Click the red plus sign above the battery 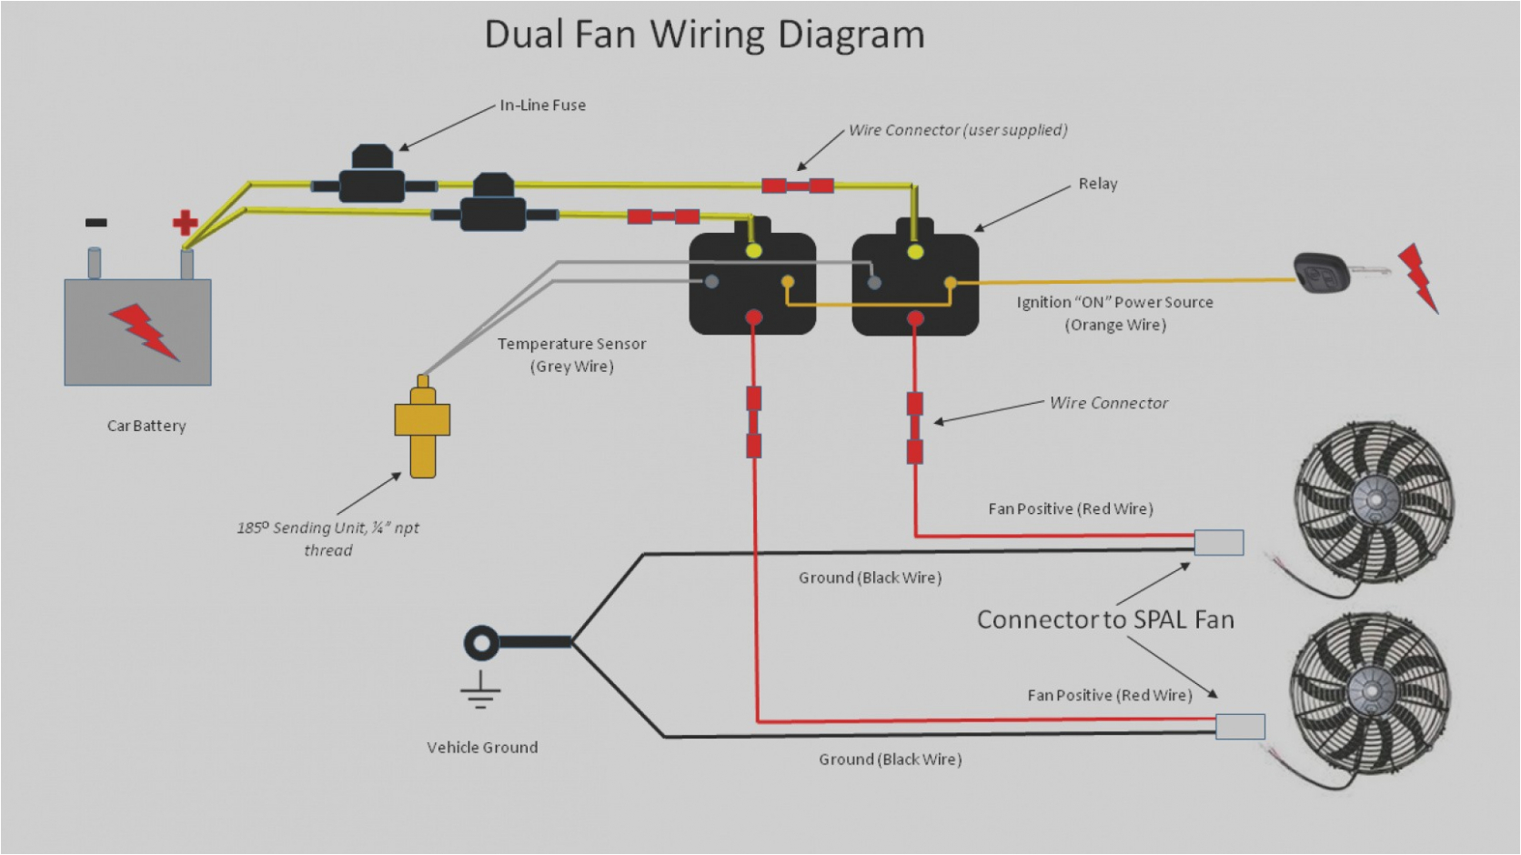point(185,222)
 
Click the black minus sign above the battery point(96,222)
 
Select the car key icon point(1321,273)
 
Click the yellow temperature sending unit point(422,427)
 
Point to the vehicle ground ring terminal point(481,643)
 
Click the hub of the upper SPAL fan point(1374,499)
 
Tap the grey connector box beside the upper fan point(1218,543)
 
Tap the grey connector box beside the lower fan point(1240,727)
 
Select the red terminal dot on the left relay point(753,317)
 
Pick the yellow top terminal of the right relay point(915,252)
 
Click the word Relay point(1097,184)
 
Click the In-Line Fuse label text point(542,106)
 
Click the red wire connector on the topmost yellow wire point(798,186)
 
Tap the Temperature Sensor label point(571,345)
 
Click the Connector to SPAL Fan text point(1104,619)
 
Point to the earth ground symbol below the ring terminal point(480,691)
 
